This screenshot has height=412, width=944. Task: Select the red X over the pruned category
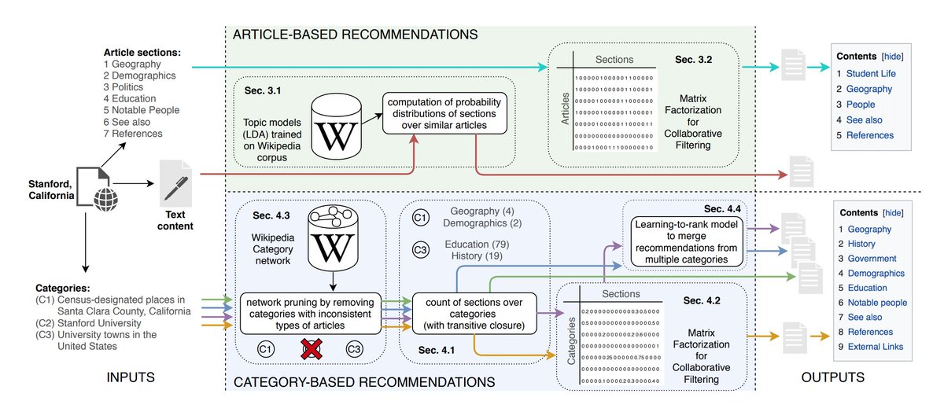point(312,348)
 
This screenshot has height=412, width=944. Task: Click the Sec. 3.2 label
point(694,59)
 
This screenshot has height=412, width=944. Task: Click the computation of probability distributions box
point(445,116)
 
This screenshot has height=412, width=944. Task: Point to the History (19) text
point(478,257)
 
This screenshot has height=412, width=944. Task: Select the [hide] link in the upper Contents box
point(892,57)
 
